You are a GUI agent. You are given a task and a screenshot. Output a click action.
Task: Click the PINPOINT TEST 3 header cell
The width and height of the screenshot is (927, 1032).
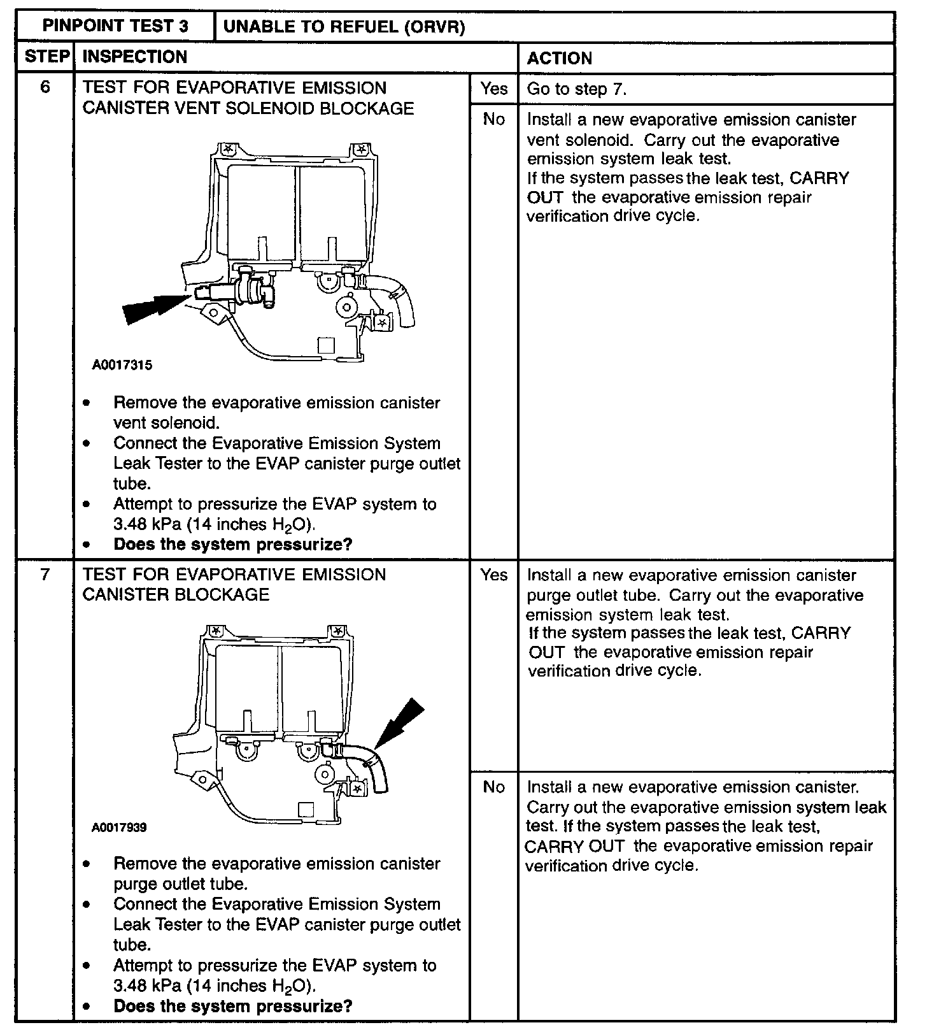coord(115,27)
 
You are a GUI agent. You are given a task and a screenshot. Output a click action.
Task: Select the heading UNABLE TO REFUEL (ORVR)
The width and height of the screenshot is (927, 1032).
coord(344,27)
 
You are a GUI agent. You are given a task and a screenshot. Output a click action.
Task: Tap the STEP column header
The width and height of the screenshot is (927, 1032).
coord(46,57)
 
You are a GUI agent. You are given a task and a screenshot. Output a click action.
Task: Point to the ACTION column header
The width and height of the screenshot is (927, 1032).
coord(560,59)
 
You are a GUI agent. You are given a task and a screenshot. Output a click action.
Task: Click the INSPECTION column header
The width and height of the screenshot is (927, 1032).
coord(135,57)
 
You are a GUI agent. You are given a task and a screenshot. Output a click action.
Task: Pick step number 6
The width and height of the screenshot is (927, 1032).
coord(45,87)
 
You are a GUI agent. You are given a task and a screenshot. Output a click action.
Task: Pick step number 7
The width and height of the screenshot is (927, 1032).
coord(45,574)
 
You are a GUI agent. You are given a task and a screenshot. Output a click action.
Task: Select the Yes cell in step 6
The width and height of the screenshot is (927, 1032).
coord(494,89)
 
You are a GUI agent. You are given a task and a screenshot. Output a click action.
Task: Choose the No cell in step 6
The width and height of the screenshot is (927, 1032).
coord(494,119)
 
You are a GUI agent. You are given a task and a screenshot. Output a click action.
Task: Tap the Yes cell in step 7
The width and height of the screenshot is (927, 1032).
coord(494,575)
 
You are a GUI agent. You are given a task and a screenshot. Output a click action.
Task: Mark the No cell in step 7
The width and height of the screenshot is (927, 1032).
coord(494,787)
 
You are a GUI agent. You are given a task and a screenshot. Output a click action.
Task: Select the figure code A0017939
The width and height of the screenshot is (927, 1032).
coord(119,828)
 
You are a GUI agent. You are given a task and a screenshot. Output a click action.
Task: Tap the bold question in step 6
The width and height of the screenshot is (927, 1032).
coord(232,545)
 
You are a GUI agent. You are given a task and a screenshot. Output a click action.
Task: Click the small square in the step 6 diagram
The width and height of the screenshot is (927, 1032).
coord(325,346)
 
